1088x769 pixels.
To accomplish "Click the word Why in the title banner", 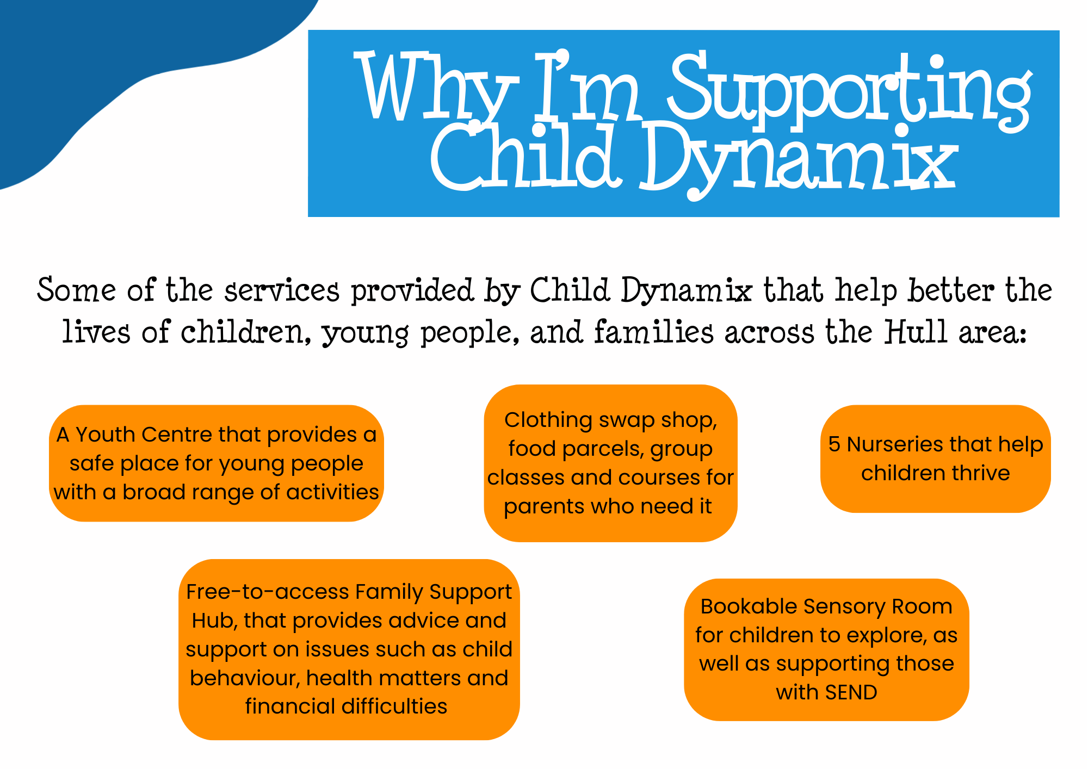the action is pyautogui.click(x=435, y=87).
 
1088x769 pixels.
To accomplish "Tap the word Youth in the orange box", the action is pyautogui.click(x=106, y=435).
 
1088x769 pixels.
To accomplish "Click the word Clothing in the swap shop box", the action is pyautogui.click(x=548, y=420).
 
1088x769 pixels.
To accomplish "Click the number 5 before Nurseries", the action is pyautogui.click(x=834, y=444).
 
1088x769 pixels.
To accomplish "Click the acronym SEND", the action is pyautogui.click(x=851, y=693).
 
